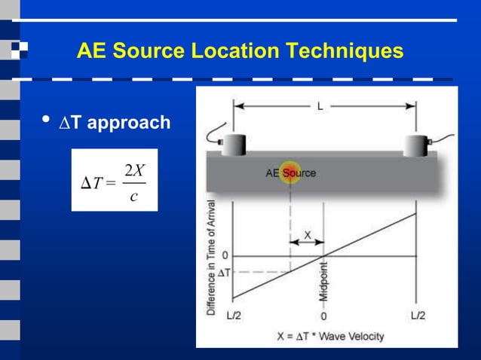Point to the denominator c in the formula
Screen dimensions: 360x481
click(x=133, y=197)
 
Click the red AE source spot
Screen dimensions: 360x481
click(x=290, y=172)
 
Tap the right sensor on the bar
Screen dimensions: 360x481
click(x=416, y=143)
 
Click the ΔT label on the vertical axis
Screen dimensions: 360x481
click(x=225, y=272)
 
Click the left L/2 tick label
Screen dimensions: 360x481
click(x=233, y=316)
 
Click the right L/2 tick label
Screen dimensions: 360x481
click(x=417, y=316)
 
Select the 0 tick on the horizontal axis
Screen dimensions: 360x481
click(x=324, y=316)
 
